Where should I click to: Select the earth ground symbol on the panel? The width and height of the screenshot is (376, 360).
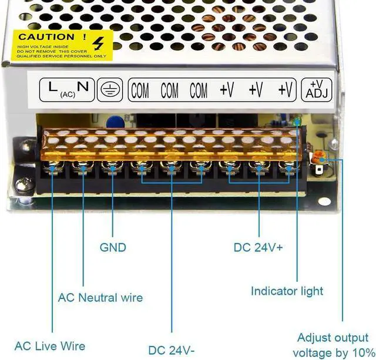[x=109, y=89]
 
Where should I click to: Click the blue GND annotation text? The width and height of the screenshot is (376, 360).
[x=113, y=247]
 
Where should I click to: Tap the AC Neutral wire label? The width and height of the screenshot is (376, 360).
[x=100, y=297]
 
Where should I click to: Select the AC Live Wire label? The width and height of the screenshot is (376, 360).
[x=50, y=346]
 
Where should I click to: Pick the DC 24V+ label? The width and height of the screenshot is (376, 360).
[x=258, y=247]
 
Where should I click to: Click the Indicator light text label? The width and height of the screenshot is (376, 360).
[x=287, y=291]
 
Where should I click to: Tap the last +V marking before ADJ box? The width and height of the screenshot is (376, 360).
[x=286, y=90]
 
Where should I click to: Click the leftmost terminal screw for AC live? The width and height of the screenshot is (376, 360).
[x=53, y=169]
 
